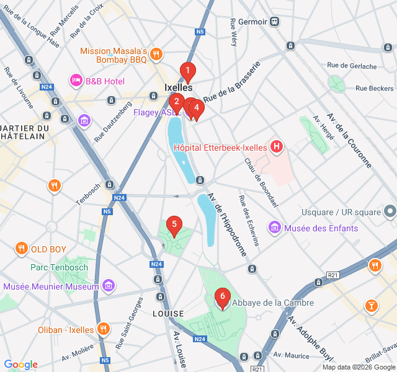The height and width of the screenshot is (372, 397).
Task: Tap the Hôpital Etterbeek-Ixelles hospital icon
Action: click(277, 148)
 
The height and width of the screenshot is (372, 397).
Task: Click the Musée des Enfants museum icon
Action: click(274, 228)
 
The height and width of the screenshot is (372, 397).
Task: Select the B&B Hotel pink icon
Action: click(76, 81)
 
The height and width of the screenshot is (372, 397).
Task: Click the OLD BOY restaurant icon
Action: click(22, 249)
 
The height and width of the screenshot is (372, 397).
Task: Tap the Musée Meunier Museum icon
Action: click(109, 286)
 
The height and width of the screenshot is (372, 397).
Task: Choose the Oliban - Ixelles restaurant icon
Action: click(104, 329)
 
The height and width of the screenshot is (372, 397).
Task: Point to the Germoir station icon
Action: click(275, 21)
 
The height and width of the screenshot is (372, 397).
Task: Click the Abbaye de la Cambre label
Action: click(273, 303)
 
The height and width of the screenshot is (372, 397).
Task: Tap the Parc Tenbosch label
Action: click(59, 268)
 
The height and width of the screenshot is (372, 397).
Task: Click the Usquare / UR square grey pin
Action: click(390, 212)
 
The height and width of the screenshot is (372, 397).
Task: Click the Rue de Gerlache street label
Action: click(352, 65)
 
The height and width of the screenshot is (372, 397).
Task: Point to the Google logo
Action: click(20, 365)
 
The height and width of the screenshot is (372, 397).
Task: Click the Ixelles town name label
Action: click(179, 88)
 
